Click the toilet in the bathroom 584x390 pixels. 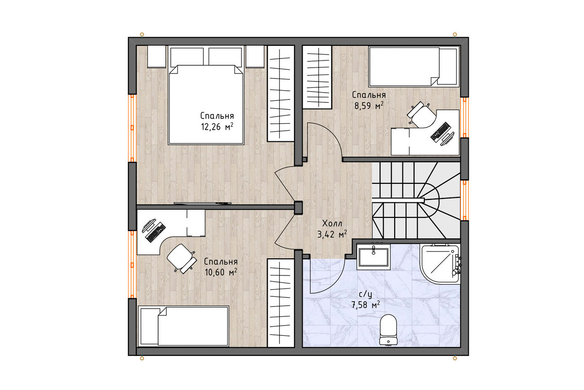tap(388, 330)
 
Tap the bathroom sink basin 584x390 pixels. tap(374, 257)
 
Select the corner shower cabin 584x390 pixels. tap(440, 264)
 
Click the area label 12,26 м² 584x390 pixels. tap(217, 127)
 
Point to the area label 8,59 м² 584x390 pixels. tap(369, 105)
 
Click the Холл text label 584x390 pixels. tap(332, 223)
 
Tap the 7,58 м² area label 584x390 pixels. tap(365, 305)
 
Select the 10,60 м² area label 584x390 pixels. tap(221, 272)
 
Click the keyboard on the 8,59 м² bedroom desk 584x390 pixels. tap(441, 132)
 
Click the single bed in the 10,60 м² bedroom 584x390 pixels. tap(183, 326)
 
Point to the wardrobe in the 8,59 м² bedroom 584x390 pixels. tap(317, 77)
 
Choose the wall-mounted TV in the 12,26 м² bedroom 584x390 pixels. tap(202, 203)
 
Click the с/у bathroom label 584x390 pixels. tap(365, 294)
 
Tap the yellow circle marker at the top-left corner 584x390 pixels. tap(142, 34)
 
